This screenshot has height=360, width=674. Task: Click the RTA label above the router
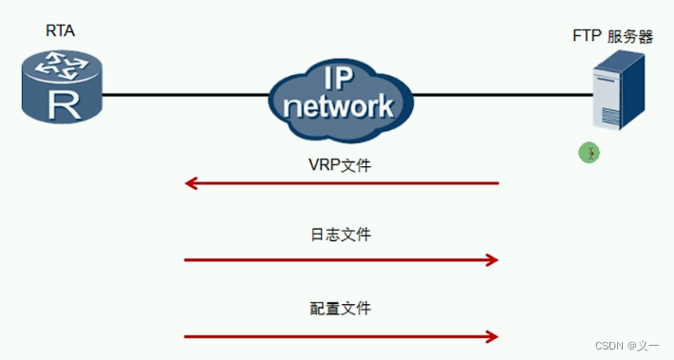[x=60, y=30]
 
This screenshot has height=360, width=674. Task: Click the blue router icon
[x=60, y=86]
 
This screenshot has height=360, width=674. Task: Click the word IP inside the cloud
[x=341, y=79]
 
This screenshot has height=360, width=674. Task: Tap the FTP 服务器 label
[x=613, y=36]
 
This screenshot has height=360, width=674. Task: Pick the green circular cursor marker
[x=590, y=152]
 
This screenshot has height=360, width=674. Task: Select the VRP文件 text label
[x=340, y=164]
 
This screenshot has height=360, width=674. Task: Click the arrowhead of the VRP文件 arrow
[x=191, y=182]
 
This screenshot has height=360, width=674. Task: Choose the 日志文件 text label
[x=340, y=235]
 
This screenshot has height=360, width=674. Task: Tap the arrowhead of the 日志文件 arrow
[x=492, y=259]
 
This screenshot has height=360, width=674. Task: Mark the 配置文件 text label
[x=340, y=308]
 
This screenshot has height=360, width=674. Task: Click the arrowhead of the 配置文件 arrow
[x=492, y=335]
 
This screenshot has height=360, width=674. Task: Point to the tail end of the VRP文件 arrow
[x=496, y=182]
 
